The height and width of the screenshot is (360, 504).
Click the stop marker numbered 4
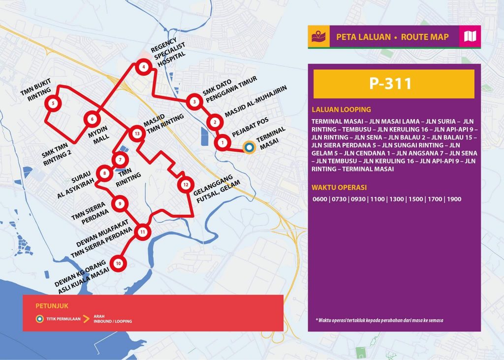click(143, 67)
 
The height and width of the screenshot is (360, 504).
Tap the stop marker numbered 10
click(118, 263)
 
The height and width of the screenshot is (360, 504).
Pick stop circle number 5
click(53, 103)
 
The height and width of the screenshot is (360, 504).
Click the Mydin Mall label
click(101, 136)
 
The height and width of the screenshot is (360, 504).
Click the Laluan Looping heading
click(341, 110)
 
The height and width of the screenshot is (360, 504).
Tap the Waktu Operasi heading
click(339, 187)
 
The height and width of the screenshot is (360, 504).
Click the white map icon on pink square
click(470, 36)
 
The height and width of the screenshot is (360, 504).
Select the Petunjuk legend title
click(44, 305)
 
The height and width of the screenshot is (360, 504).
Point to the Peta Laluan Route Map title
click(392, 37)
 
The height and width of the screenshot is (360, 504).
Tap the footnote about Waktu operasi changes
click(396, 320)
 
